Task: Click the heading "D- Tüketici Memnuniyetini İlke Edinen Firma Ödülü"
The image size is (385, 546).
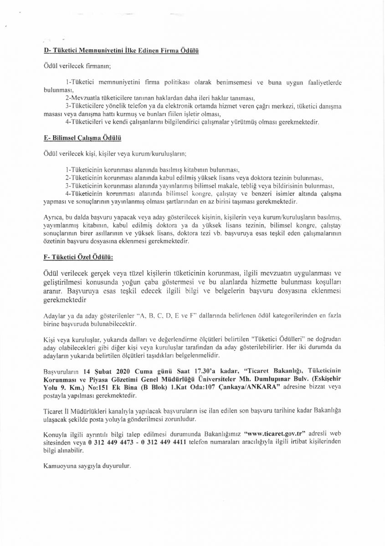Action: click(121, 51)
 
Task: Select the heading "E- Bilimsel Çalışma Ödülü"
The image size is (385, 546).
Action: click(82, 136)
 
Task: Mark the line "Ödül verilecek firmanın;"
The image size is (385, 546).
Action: click(74, 66)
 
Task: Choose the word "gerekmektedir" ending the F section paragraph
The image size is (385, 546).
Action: click(64, 301)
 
